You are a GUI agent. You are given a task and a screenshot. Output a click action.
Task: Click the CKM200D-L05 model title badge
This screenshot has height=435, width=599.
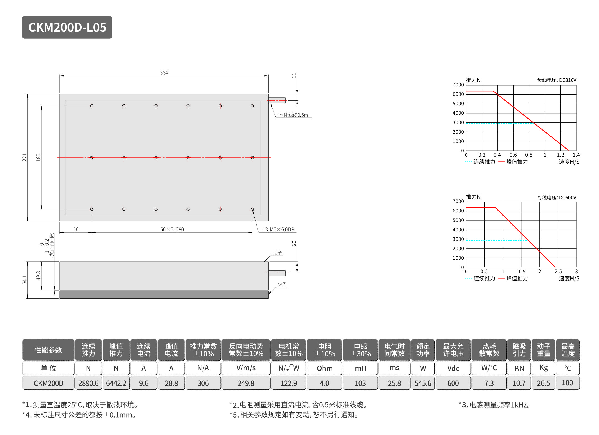tap(67, 27)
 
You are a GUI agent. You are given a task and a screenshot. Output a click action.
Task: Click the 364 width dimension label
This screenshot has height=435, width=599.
tap(164, 73)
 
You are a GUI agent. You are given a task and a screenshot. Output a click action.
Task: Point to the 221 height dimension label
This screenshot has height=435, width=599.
tap(25, 157)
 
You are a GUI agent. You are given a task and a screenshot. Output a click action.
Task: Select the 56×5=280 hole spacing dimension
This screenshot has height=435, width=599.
tap(172, 229)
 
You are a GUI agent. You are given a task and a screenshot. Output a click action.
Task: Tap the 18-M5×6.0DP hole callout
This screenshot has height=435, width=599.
tap(278, 229)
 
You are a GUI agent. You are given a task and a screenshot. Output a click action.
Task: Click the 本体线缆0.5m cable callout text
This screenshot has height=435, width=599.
tap(293, 115)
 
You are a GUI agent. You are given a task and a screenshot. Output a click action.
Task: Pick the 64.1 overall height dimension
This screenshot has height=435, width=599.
tap(25, 280)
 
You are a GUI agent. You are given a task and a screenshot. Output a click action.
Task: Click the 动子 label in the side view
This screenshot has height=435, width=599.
tap(277, 253)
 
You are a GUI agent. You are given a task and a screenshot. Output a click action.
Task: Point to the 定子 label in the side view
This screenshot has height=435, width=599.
tap(282, 284)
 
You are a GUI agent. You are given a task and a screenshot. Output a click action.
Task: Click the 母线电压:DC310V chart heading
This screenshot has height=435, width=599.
tap(557, 80)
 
